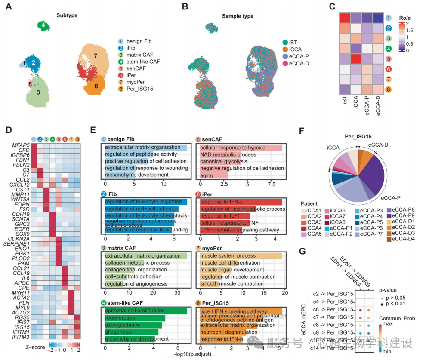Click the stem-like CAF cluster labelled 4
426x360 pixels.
(x=43, y=26)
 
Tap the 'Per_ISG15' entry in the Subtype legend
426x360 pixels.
(x=142, y=89)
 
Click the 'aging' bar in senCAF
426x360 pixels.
(x=213, y=175)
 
